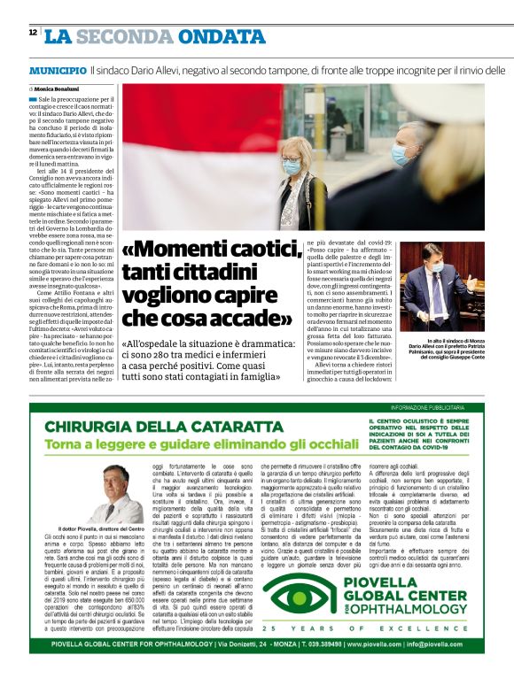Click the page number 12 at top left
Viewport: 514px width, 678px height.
(x=32, y=32)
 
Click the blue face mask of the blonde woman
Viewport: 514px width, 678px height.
(x=292, y=166)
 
